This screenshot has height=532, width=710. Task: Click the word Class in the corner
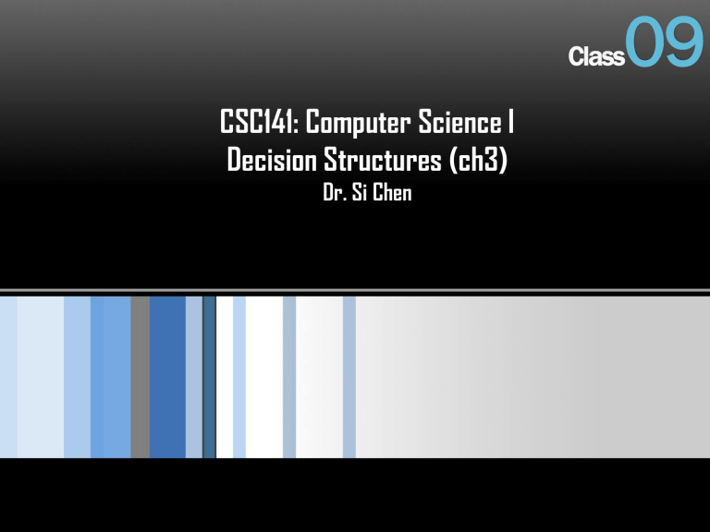596,57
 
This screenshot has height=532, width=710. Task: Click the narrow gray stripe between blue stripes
140,377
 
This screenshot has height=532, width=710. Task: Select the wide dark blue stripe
167,377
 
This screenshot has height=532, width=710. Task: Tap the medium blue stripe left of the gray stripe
110,377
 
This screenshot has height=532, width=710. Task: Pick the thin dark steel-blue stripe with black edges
209,377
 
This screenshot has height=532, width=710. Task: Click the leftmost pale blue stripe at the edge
7,377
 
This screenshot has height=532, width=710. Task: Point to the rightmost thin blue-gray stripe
349,377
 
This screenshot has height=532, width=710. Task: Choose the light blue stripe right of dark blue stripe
193,377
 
